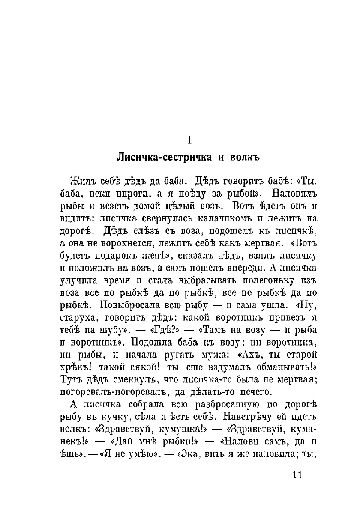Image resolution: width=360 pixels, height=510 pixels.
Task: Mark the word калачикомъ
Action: point(219,222)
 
